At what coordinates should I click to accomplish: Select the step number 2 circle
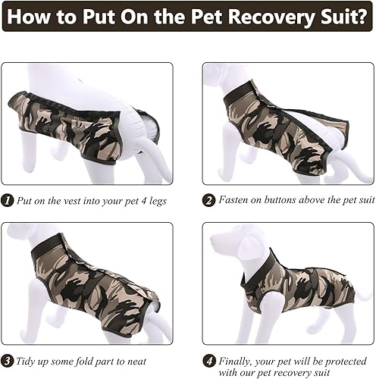click(x=208, y=201)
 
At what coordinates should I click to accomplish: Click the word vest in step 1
click(x=79, y=201)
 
